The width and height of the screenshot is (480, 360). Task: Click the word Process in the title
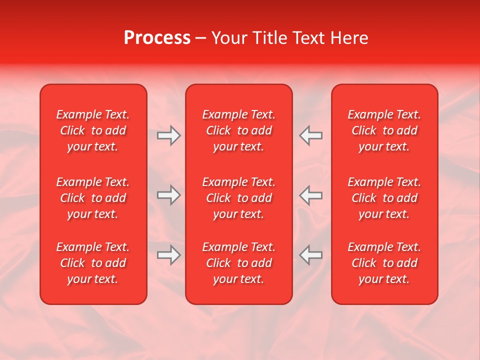click(157, 38)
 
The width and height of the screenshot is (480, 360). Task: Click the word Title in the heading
click(270, 38)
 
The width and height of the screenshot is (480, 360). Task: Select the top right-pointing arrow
click(168, 135)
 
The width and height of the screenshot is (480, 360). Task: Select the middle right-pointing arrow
click(168, 195)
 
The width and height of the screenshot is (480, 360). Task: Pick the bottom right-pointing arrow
click(168, 255)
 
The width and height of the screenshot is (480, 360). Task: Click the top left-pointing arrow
click(311, 135)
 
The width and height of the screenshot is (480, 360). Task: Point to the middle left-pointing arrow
click(311, 195)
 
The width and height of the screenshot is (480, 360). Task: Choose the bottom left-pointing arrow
click(311, 255)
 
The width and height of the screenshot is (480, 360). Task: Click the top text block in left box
click(93, 130)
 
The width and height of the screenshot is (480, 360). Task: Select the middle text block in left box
click(93, 198)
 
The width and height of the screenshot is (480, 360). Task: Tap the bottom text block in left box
click(93, 263)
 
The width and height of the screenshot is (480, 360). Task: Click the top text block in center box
click(238, 130)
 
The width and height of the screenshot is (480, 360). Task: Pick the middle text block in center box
click(238, 198)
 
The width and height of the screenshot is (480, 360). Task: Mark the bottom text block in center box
click(238, 263)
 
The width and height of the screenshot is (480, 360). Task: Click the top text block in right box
click(384, 130)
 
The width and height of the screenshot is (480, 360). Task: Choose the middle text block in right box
click(384, 198)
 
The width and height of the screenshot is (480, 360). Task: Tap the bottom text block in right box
click(384, 263)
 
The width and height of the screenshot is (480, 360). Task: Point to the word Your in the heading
click(229, 38)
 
